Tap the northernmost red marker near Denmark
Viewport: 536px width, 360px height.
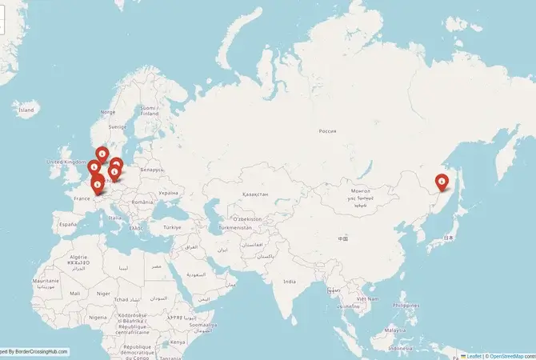click(102, 154)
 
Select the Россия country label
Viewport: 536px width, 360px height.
click(328, 130)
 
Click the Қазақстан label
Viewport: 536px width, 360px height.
click(254, 194)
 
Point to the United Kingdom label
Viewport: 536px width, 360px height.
click(65, 162)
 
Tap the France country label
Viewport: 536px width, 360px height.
click(82, 198)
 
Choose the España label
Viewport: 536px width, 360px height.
click(67, 225)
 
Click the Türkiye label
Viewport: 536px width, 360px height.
click(172, 227)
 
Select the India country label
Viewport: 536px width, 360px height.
click(289, 281)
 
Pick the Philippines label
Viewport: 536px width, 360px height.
click(406, 305)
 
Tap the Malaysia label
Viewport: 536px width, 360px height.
click(394, 330)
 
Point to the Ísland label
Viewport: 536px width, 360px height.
click(27, 109)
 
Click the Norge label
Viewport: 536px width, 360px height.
click(107, 112)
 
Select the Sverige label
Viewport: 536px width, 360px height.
click(118, 126)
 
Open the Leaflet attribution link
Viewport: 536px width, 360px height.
click(474, 356)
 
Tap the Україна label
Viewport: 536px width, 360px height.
click(168, 193)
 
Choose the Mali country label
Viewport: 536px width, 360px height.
click(74, 294)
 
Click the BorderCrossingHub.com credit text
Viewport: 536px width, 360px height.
click(38, 352)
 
